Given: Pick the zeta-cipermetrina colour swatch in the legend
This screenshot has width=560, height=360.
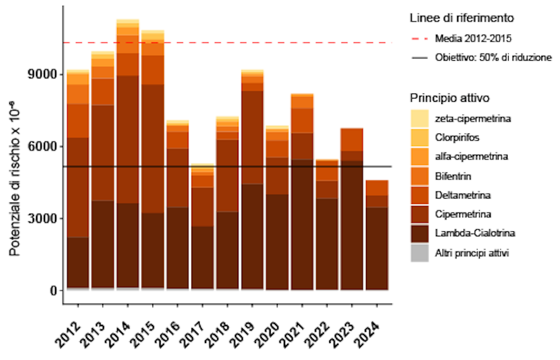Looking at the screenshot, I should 419,118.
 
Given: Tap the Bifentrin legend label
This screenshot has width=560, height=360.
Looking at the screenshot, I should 453,176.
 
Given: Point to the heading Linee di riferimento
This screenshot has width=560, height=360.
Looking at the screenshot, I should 461,18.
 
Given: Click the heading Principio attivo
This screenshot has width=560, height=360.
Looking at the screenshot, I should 449,98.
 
